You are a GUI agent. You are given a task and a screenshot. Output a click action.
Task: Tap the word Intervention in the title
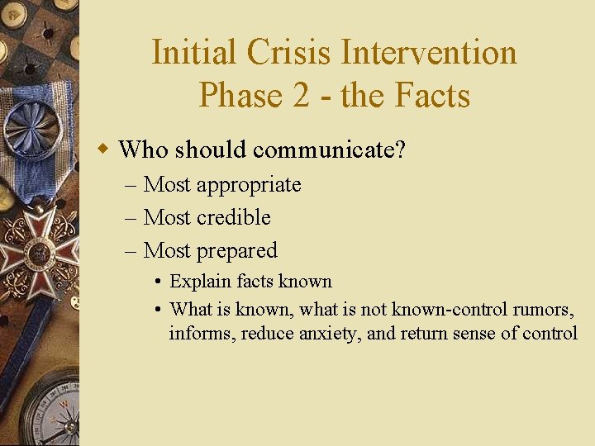point(429,53)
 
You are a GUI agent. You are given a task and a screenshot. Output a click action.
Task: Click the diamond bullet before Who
point(103,149)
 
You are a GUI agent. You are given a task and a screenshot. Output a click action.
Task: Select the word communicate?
point(329,149)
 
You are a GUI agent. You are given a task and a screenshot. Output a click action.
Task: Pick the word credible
point(233,217)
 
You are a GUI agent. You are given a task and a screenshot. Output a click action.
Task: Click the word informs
point(200,334)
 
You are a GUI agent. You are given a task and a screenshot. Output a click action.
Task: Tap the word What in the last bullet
point(191,309)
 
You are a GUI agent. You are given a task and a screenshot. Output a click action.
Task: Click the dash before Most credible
point(132,217)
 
